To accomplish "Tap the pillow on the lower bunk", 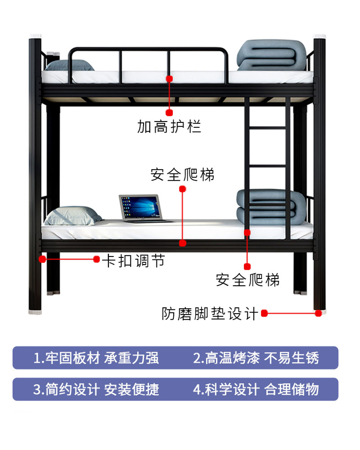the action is (73, 216).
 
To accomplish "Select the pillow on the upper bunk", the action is (69, 65).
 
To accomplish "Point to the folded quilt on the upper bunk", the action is (271, 55).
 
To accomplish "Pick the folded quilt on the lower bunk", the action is (271, 207).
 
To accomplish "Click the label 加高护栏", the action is (169, 127).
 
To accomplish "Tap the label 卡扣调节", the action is (133, 261).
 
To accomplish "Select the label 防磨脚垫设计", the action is (210, 314).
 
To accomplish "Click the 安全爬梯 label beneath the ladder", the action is (248, 280).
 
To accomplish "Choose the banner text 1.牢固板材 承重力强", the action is (96, 358).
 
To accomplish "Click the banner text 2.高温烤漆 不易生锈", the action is (256, 358).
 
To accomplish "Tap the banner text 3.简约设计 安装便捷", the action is (96, 389).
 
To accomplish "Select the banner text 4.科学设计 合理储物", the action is (256, 389).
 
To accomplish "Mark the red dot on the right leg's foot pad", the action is (318, 314).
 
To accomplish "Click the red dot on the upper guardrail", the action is (169, 79).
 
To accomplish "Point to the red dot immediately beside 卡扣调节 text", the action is (96, 259).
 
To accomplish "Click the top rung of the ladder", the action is (267, 128).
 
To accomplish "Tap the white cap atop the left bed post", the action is (36, 36).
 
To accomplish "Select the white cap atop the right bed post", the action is (320, 36).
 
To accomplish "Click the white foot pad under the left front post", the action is (35, 312).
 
